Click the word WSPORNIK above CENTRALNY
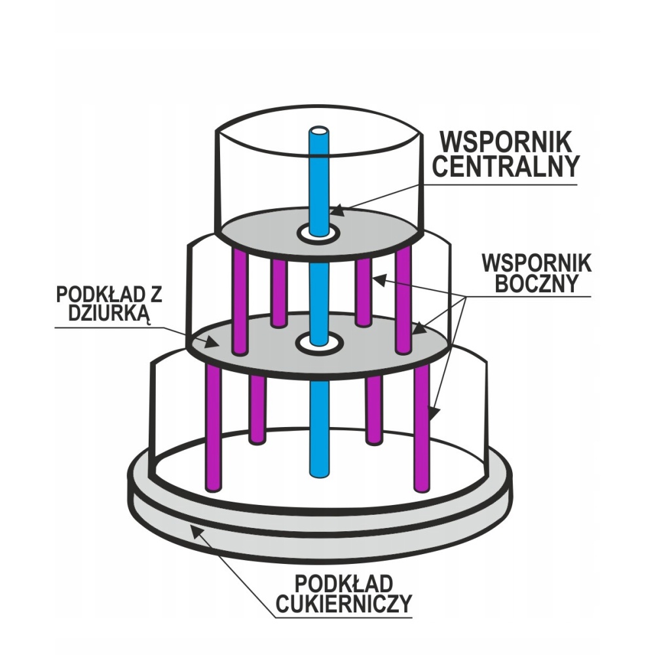pyautogui.click(x=506, y=141)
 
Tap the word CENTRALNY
pyautogui.click(x=506, y=166)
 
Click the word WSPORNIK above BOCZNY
pyautogui.click(x=536, y=263)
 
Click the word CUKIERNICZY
pyautogui.click(x=343, y=603)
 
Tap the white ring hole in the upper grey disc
pyautogui.click(x=319, y=233)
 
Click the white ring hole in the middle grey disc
pyautogui.click(x=319, y=342)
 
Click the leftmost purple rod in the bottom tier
pyautogui.click(x=214, y=426)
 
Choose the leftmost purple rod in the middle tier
pyautogui.click(x=240, y=301)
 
